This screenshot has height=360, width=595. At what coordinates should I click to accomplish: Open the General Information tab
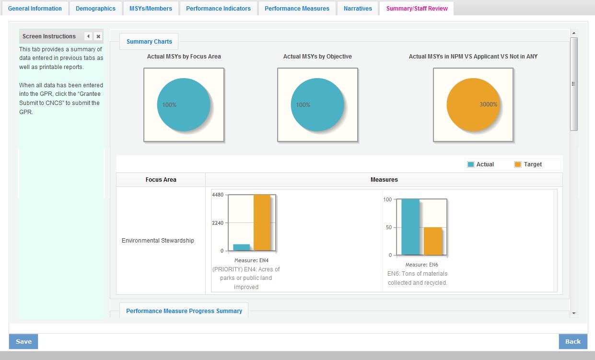[x=35, y=9]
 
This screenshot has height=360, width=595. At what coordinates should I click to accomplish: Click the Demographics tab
[x=95, y=9]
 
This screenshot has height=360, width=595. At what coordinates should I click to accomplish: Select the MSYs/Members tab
[x=151, y=9]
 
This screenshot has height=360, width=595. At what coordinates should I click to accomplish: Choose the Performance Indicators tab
[x=218, y=9]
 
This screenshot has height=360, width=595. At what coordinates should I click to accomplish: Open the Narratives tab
[x=358, y=9]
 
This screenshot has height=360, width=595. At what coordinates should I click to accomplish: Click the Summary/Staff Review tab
[x=417, y=9]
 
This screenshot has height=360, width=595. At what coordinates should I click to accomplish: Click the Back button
[x=572, y=342]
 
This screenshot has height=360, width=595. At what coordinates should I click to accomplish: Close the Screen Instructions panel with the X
[x=98, y=36]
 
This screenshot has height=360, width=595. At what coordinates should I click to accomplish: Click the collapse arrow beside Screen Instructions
[x=88, y=36]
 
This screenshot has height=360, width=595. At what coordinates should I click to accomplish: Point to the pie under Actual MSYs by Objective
[x=317, y=105]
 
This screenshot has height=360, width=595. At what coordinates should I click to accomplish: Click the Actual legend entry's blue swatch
[x=471, y=164]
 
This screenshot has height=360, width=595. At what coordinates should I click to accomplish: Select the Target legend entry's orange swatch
[x=518, y=164]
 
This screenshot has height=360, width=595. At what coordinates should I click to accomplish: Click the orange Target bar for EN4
[x=262, y=222]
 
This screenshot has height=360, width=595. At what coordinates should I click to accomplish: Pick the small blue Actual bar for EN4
[x=241, y=247]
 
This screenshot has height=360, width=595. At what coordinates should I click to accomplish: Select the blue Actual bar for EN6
[x=410, y=227]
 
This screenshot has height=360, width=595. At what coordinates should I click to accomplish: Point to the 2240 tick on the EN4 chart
[x=218, y=223]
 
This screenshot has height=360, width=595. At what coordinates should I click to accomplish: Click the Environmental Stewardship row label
[x=158, y=241]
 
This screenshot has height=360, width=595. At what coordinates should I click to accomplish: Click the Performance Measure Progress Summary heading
[x=184, y=311]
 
